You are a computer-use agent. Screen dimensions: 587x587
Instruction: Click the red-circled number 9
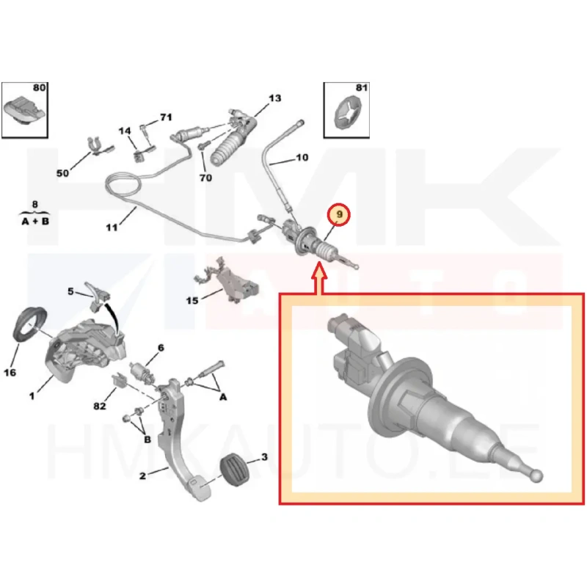339,214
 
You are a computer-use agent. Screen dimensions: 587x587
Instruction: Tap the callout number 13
274,98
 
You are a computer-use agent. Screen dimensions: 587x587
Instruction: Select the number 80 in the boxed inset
39,87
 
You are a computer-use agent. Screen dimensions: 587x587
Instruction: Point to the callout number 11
112,227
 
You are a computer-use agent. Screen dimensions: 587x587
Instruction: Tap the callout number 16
10,373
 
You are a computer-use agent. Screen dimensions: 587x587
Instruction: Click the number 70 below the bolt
205,178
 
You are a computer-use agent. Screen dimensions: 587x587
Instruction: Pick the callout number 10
302,158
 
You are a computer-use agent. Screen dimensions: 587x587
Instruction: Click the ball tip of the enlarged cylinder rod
536,475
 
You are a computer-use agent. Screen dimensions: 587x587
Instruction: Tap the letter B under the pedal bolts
147,440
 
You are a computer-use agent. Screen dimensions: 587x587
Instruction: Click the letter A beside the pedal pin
223,397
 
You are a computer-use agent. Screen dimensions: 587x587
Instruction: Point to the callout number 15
192,301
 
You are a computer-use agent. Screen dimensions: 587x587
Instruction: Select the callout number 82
100,406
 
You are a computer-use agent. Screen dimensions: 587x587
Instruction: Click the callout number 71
166,117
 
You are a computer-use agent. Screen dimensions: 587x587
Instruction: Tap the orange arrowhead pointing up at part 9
319,270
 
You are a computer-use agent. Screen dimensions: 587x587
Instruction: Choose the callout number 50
62,173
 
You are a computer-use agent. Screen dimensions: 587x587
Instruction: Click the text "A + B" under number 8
35,222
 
